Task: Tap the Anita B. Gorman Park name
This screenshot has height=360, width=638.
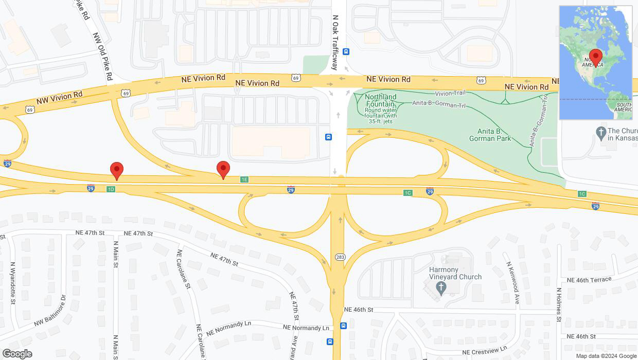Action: [x=490, y=135]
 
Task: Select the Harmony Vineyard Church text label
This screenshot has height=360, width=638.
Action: [x=455, y=273]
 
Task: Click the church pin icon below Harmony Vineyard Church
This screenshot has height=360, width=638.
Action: [x=440, y=289]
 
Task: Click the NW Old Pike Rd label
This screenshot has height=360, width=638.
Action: [x=102, y=57]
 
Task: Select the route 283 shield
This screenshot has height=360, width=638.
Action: [x=340, y=257]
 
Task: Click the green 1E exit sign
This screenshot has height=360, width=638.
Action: [x=244, y=179]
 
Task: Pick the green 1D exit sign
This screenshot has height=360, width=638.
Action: [x=111, y=189]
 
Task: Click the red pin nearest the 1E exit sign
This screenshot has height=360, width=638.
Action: [x=223, y=169]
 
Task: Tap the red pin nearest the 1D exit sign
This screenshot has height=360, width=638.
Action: [x=117, y=170]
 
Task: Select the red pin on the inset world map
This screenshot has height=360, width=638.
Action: [x=596, y=57]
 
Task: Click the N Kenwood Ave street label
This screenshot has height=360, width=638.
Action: [x=512, y=283]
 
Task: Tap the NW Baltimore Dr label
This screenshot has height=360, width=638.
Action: [x=50, y=311]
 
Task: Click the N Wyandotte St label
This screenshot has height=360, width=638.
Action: [x=12, y=283]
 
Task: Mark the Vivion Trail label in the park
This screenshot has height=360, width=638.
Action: [x=450, y=94]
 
